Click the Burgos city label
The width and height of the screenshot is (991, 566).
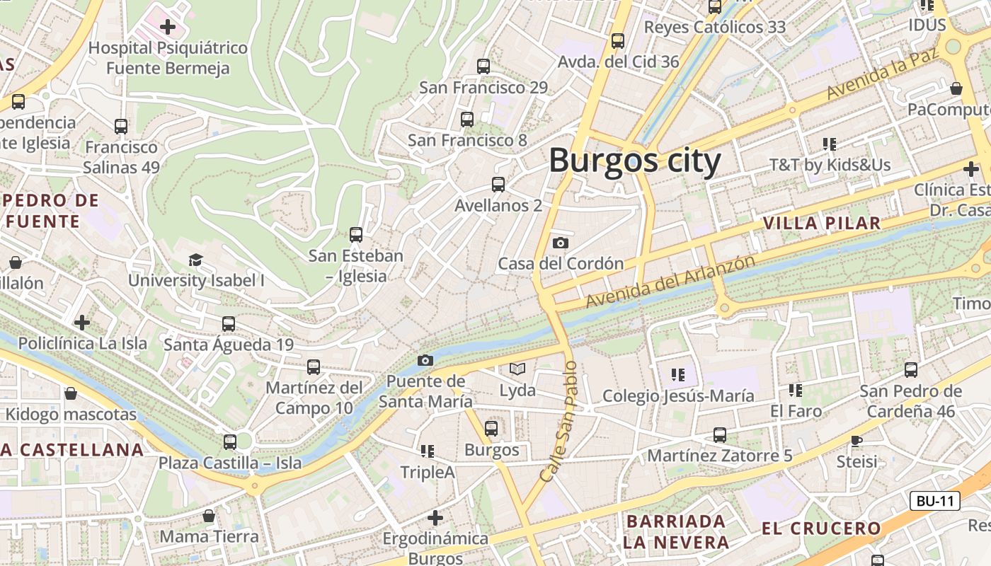pos(635,161)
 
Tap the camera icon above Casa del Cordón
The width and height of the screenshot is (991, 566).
pos(560,243)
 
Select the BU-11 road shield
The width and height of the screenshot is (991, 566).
pos(934,501)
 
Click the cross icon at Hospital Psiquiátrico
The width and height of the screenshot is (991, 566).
pos(168,28)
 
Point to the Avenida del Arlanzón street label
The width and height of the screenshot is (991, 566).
pos(670,282)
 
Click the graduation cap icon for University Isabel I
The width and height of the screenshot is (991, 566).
pos(195,260)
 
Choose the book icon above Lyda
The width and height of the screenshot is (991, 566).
pos(517,369)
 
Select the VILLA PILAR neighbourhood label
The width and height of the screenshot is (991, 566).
pos(821,224)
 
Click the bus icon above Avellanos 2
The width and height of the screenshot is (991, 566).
pos(498,185)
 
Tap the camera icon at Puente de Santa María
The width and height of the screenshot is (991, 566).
pos(425,360)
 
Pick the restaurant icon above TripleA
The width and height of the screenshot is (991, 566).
pos(427,451)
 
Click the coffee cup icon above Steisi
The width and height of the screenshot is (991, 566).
pos(857,441)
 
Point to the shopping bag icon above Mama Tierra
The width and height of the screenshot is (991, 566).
pos(209,516)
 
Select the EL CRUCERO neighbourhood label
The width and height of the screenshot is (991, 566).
pos(821,529)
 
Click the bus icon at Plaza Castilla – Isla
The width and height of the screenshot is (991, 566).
pos(230,442)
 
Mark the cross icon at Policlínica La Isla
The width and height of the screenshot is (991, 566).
pos(82,323)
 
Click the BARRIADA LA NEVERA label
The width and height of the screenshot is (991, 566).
pos(676,532)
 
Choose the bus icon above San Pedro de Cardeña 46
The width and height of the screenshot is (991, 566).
pos(911,369)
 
